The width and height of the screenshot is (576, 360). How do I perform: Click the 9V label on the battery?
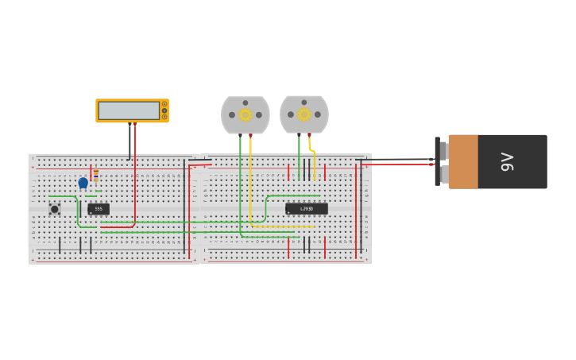[x=508, y=161]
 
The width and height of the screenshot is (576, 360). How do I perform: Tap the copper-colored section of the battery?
[x=463, y=161]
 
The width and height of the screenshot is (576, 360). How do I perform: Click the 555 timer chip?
[x=99, y=209]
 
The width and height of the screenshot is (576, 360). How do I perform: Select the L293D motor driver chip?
[x=307, y=208]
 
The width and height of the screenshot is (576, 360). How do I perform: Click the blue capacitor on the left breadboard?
[x=83, y=183]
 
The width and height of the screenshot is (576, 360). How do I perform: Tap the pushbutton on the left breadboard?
[x=55, y=209]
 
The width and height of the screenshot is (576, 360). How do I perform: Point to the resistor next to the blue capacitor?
[x=96, y=176]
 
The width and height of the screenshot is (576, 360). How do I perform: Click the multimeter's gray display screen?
[x=129, y=110]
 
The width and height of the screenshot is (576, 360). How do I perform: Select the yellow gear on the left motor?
[x=245, y=115]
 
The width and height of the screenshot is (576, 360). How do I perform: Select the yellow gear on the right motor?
[x=304, y=114]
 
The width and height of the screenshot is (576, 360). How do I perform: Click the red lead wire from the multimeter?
[x=135, y=175]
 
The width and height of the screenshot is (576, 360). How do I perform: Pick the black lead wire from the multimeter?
[x=130, y=143]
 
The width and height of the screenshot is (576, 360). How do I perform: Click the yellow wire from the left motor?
[x=250, y=183]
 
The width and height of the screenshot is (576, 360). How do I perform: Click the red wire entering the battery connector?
[x=397, y=165]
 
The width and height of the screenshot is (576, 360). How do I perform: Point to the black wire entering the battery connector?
[x=397, y=159]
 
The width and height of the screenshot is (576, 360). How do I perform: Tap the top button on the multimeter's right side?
[x=164, y=104]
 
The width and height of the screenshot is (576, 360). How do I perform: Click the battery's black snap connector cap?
[x=438, y=161]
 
